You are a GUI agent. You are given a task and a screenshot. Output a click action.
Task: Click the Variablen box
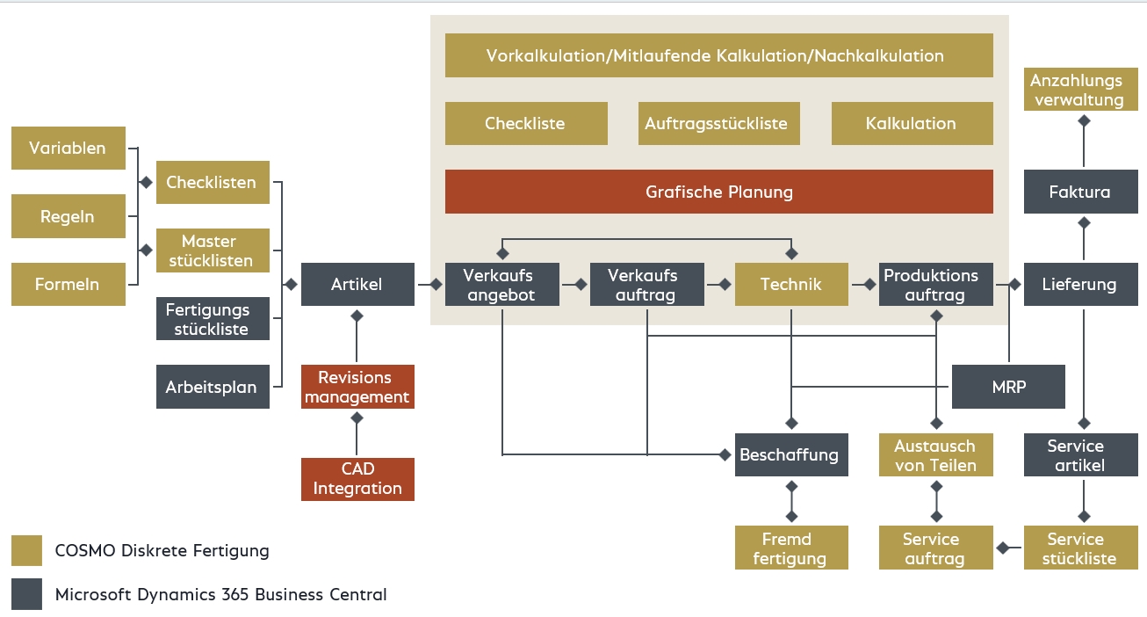click(x=68, y=148)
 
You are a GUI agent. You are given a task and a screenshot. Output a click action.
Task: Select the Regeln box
click(x=68, y=216)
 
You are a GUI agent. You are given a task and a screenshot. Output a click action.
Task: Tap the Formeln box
click(x=68, y=285)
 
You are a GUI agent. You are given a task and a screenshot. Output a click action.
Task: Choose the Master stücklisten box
click(x=213, y=250)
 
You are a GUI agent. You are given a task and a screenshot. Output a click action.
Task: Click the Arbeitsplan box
click(x=213, y=387)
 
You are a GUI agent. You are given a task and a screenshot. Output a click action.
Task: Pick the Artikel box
click(x=357, y=284)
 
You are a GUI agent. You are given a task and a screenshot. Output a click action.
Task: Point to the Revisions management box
click(x=357, y=387)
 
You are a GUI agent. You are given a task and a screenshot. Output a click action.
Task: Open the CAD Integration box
click(x=357, y=479)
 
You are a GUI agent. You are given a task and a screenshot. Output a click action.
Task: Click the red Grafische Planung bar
click(x=718, y=192)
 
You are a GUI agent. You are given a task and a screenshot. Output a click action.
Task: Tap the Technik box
click(x=791, y=284)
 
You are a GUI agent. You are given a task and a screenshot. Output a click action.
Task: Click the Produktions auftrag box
click(x=935, y=285)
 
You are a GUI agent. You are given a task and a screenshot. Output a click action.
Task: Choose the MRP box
click(x=1008, y=387)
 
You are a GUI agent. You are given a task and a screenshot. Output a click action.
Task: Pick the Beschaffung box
click(x=790, y=454)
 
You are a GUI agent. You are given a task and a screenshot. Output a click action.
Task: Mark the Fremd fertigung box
click(x=790, y=548)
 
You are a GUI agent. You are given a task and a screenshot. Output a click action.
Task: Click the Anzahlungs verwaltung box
click(x=1079, y=91)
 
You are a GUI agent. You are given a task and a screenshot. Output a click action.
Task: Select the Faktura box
click(x=1079, y=192)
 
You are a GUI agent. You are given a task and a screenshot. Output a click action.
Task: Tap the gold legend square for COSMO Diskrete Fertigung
click(x=26, y=551)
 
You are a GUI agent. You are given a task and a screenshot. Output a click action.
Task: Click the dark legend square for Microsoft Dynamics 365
click(x=26, y=594)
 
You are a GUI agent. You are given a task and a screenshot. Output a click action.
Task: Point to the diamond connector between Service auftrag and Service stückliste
click(x=1001, y=548)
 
